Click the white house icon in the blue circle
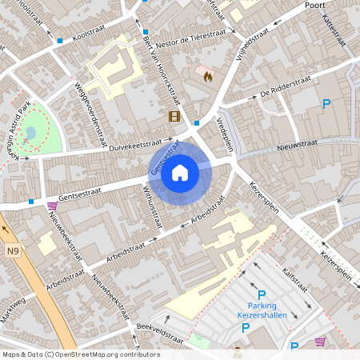180,172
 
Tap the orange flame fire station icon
208,77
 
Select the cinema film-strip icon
174,117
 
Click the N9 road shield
12,251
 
